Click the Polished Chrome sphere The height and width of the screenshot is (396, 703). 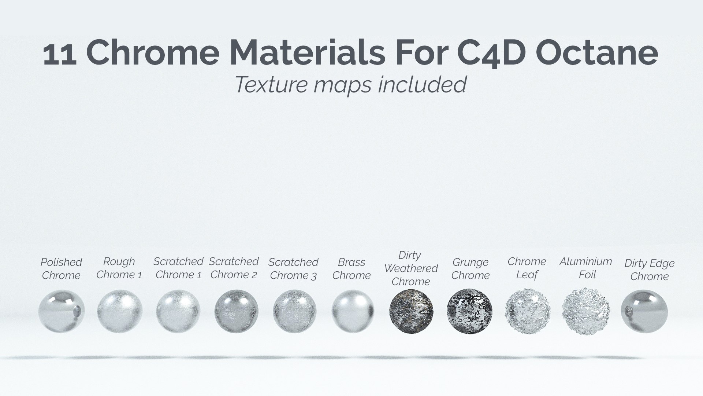click(x=61, y=311)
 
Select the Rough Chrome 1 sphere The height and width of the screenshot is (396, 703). click(x=120, y=311)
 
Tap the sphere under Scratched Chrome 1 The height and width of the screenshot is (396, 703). click(x=178, y=311)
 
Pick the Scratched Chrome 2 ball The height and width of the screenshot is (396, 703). click(x=236, y=311)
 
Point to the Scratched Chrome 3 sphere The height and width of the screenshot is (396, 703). click(x=294, y=311)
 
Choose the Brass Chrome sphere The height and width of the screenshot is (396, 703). click(x=353, y=311)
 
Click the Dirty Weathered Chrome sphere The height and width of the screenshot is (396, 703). click(x=411, y=311)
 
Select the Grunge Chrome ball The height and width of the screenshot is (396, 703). click(x=469, y=311)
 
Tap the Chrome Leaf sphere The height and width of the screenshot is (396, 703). click(x=528, y=311)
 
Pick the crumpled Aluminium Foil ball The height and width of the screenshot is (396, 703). click(x=586, y=311)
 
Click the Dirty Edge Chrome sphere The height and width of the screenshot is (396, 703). click(x=644, y=311)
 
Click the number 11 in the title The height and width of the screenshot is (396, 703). click(x=60, y=54)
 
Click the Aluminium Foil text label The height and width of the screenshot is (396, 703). click(x=586, y=268)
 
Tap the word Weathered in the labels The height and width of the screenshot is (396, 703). click(x=411, y=268)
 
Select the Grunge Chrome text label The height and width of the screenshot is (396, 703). click(x=470, y=269)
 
